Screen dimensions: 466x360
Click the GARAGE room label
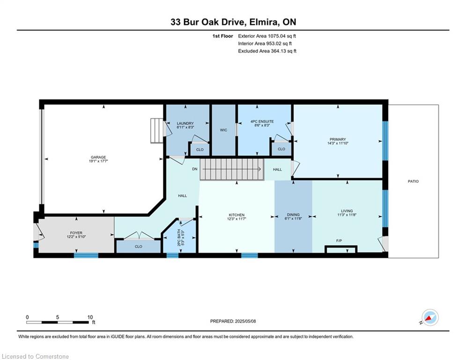[x=98, y=157]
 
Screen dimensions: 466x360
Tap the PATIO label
[x=413, y=181]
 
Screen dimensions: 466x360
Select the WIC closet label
[x=223, y=130]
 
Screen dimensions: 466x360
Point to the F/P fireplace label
[x=339, y=240]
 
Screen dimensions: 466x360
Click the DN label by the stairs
[x=195, y=169]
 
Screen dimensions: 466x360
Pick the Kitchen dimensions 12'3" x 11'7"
[x=237, y=219]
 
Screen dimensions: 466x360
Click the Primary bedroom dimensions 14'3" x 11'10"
[x=338, y=143]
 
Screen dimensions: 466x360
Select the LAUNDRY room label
[x=185, y=123]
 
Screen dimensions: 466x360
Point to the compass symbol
[x=430, y=318]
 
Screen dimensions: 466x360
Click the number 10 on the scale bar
[x=90, y=317]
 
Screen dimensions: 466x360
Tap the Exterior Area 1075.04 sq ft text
[x=267, y=36]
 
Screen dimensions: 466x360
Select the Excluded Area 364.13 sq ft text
[x=267, y=51]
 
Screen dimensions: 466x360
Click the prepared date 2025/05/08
[x=245, y=321]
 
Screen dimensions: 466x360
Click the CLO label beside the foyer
[x=138, y=247]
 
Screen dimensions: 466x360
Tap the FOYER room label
[x=76, y=233]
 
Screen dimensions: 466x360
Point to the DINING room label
[x=293, y=215]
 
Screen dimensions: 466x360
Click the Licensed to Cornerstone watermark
[x=35, y=356]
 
